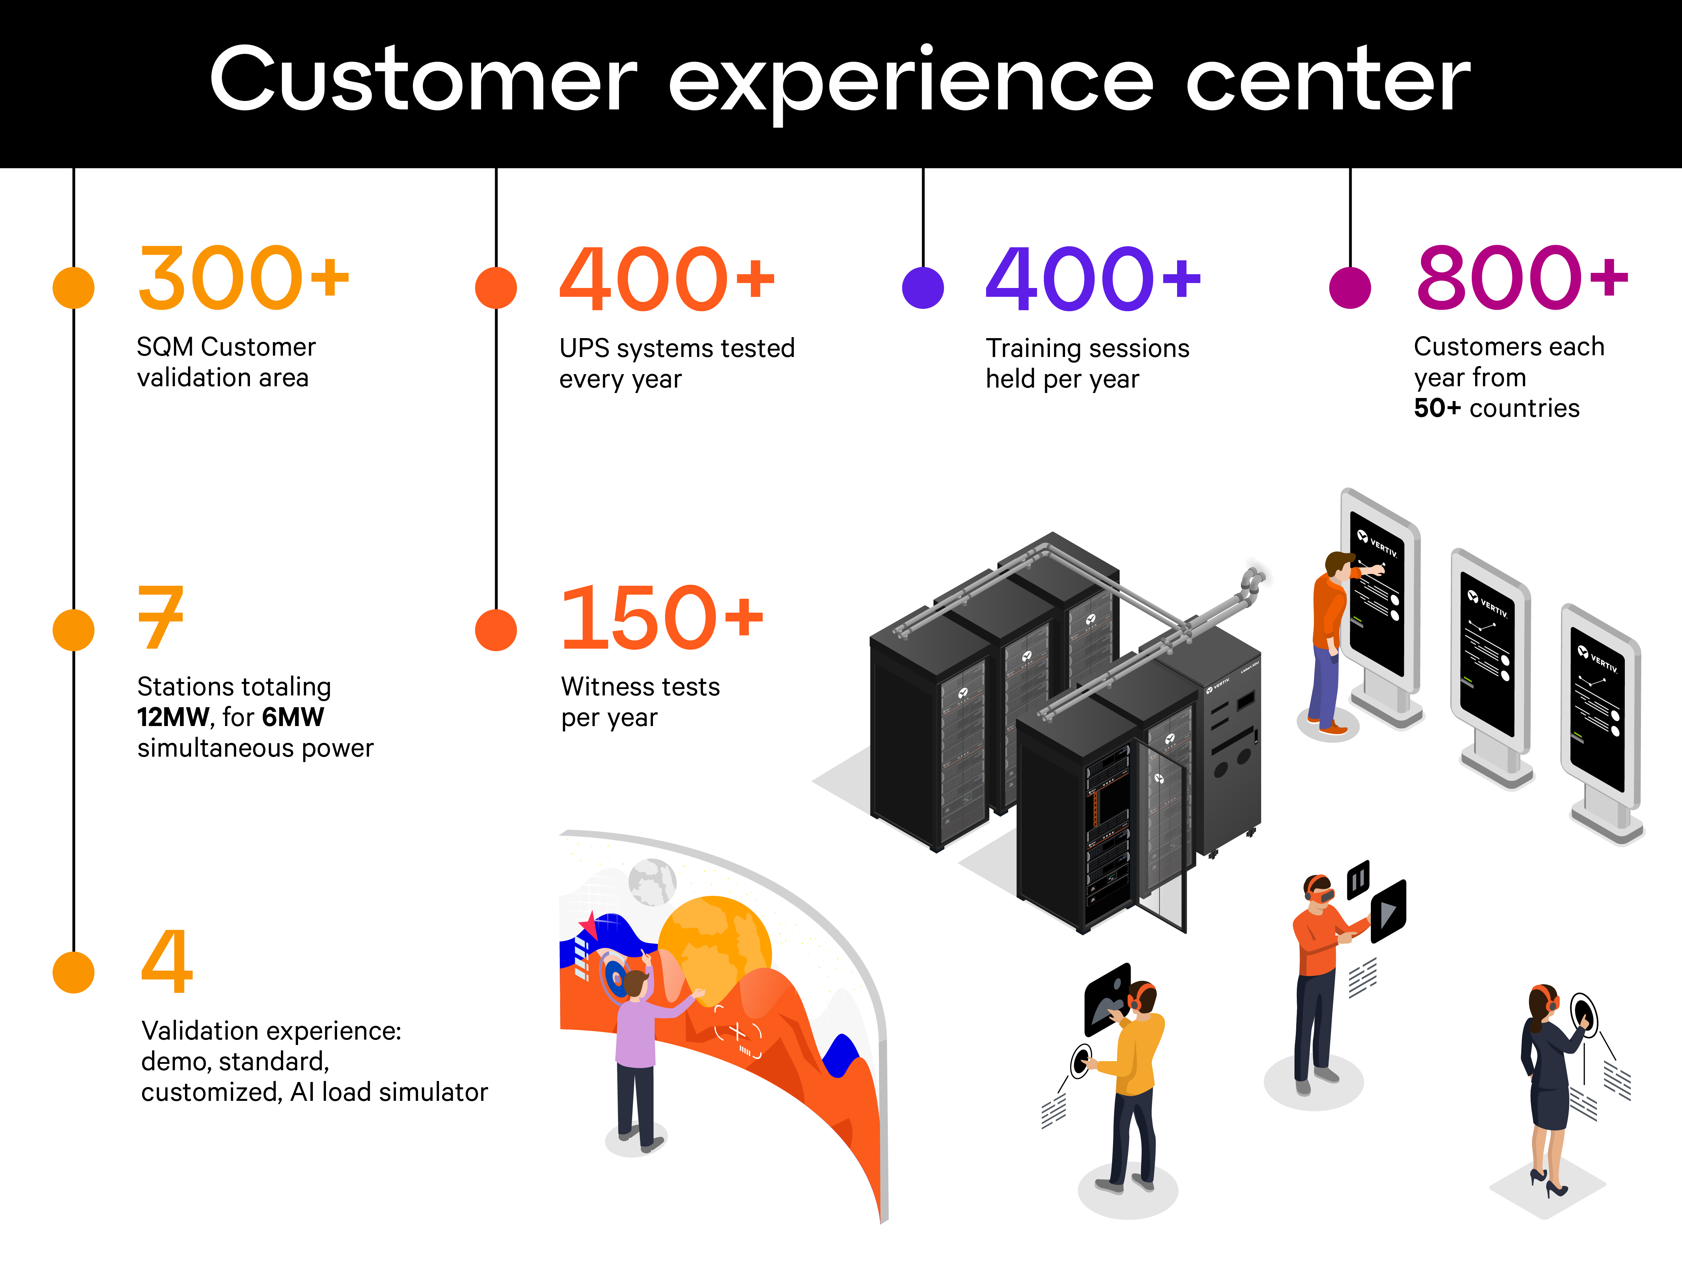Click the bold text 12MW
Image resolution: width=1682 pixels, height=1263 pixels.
coord(173,717)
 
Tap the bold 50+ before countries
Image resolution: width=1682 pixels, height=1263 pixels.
coord(1436,408)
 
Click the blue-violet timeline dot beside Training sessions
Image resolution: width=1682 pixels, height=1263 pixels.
coord(922,287)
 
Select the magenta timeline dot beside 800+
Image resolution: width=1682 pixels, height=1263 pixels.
coord(1350,287)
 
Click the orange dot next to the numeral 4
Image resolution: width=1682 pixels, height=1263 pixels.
coord(74,972)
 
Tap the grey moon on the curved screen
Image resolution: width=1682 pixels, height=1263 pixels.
coord(652,882)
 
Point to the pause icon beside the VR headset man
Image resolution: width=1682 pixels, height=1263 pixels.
coord(1358,880)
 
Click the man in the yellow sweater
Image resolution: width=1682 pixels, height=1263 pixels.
coord(1133,1080)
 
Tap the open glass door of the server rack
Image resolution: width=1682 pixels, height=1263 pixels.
coord(1161,836)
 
